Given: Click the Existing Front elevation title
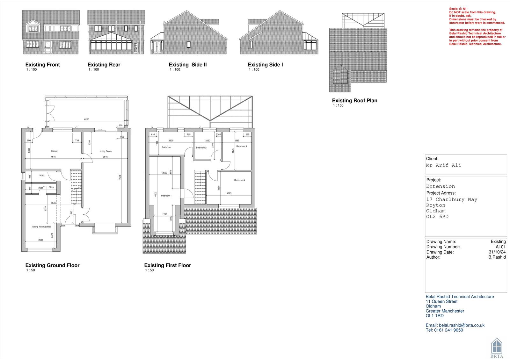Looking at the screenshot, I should (43, 65).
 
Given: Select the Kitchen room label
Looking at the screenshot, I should (55, 151).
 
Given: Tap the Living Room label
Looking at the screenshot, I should (106, 151).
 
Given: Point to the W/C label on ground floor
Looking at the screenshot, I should (42, 176).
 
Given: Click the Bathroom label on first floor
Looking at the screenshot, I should (166, 147).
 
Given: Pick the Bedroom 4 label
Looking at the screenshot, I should (239, 180).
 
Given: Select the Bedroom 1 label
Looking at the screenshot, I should (166, 196).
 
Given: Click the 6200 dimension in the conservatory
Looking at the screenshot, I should (87, 119).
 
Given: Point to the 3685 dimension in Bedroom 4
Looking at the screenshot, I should (229, 193).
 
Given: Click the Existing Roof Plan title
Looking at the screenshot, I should (354, 101).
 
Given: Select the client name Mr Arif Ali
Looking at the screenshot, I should (443, 165).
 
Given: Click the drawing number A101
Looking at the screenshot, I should (500, 247).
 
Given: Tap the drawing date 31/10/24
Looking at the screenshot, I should (497, 252).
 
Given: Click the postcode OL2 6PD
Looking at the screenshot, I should (437, 217).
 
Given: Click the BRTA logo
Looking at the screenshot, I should (497, 348).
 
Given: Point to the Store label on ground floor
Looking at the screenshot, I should (51, 187).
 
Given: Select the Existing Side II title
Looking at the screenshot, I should (188, 65).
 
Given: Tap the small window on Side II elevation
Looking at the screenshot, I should (189, 45).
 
